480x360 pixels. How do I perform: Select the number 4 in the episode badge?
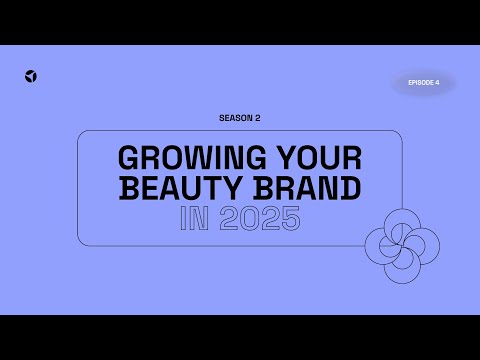coord(436,83)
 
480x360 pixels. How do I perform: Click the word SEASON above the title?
coord(232,117)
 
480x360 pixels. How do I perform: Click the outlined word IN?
coord(194,219)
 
